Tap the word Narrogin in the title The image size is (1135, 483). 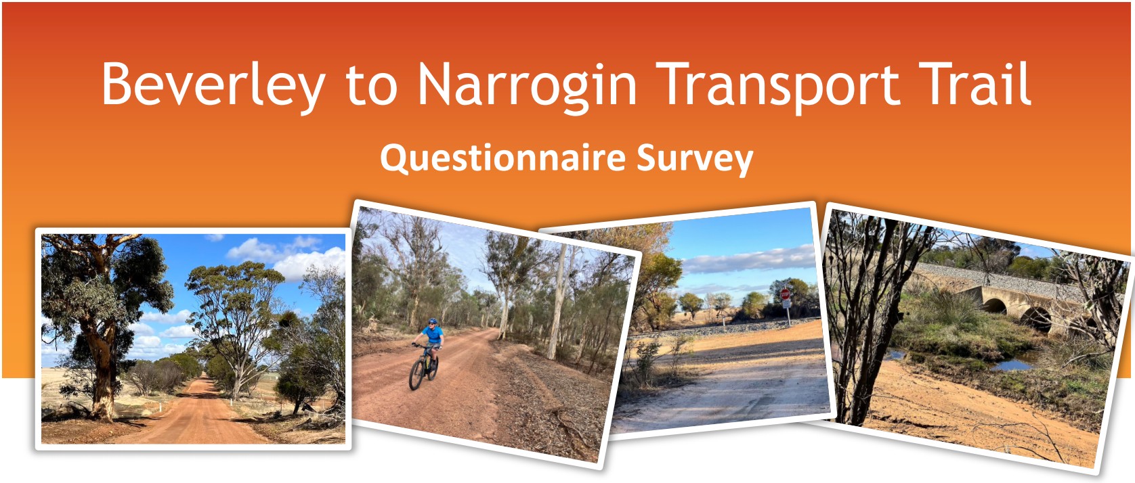[x=527, y=86]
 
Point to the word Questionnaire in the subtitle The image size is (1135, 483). [x=503, y=158]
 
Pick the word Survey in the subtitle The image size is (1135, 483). [x=695, y=160]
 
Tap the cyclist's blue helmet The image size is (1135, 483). [x=432, y=321]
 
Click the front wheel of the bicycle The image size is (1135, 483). [x=416, y=375]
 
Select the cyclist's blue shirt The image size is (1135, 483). [x=434, y=333]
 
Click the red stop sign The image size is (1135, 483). [x=785, y=294]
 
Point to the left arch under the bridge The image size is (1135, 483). [x=995, y=306]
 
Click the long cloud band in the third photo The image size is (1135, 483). [x=750, y=260]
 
